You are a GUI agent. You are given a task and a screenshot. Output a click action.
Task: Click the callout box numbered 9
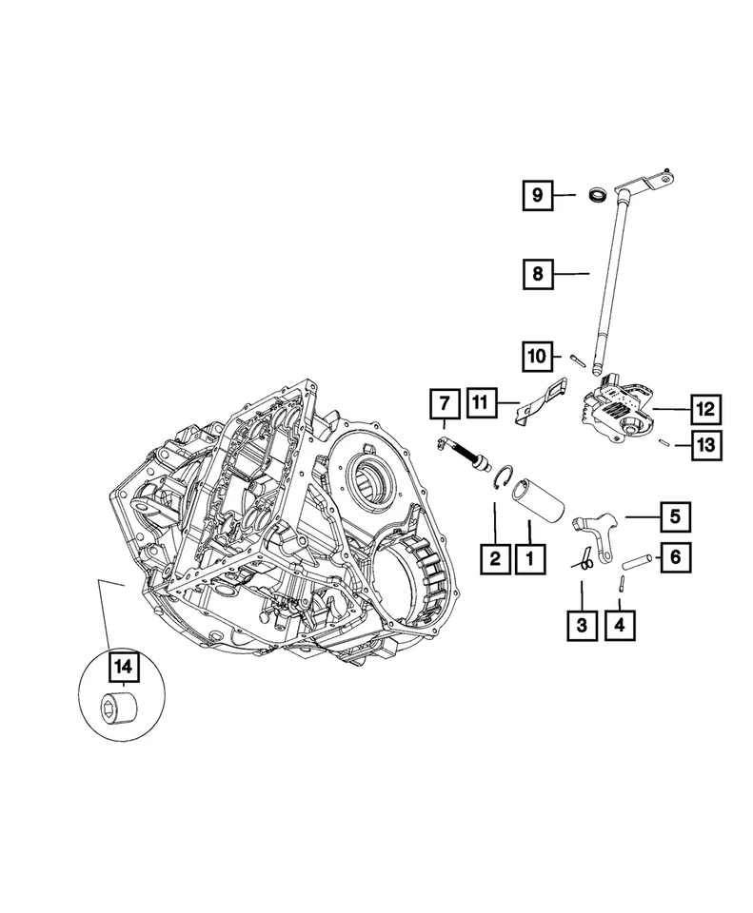pos(537,196)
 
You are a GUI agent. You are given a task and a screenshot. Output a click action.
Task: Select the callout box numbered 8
pos(537,274)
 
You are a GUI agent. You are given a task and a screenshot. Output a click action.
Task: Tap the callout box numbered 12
pos(705,409)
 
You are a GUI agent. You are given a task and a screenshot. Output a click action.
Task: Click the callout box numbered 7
pos(443,405)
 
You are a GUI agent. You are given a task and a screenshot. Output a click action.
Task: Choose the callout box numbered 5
pos(674,517)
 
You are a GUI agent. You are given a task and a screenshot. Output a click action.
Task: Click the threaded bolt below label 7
pos(466,454)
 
